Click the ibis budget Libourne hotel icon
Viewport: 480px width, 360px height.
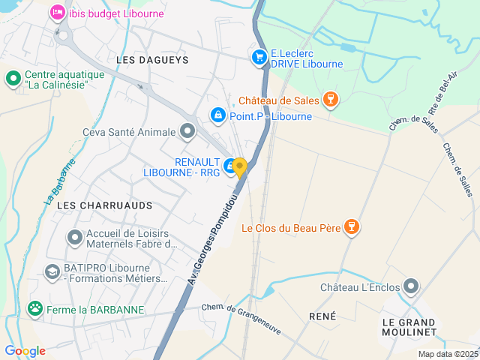click(x=57, y=13)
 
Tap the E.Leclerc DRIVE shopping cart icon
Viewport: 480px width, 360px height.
click(x=259, y=57)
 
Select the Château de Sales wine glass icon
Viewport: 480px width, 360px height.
click(x=329, y=100)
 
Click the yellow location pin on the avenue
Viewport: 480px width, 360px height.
click(x=239, y=167)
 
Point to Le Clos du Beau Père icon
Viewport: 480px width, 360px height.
click(x=350, y=227)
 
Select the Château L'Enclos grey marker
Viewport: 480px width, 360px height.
click(x=411, y=286)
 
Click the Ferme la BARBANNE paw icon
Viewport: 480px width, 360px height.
click(x=34, y=308)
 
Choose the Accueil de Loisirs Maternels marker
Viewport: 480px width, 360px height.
click(x=74, y=238)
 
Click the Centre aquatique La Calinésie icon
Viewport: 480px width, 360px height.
click(x=13, y=78)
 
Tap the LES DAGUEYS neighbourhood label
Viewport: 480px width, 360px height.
click(x=153, y=58)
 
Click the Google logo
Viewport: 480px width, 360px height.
click(x=25, y=350)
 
